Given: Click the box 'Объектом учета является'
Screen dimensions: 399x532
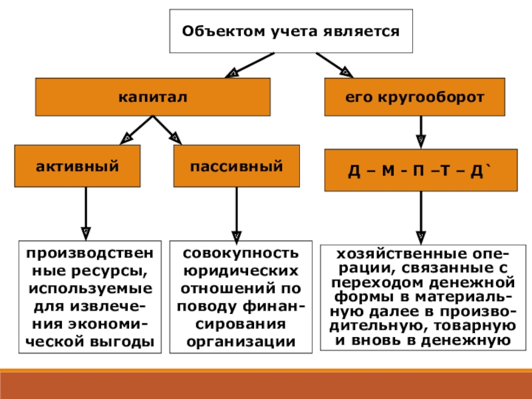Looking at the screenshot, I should point(291,31).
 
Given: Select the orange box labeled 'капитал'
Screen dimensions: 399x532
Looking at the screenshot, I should point(153,97).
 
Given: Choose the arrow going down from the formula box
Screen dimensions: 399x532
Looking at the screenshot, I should point(420,216).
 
